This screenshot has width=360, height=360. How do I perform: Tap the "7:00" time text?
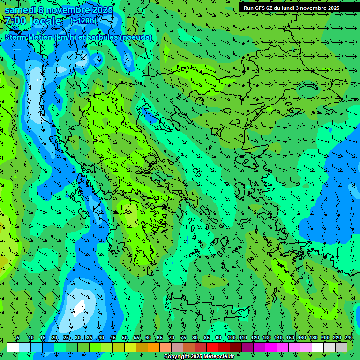(x=16, y=21)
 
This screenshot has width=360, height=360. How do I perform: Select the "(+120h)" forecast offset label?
(x=83, y=21)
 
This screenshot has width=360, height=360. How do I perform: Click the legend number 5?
(x=18, y=338)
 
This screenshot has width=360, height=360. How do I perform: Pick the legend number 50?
(x=125, y=338)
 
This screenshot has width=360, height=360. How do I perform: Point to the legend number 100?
(x=231, y=338)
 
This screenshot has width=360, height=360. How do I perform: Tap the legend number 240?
(x=349, y=338)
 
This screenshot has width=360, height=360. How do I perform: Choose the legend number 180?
(x=313, y=338)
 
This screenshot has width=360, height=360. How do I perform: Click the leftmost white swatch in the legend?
(x=13, y=347)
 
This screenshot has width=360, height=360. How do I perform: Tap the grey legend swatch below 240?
(x=341, y=347)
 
